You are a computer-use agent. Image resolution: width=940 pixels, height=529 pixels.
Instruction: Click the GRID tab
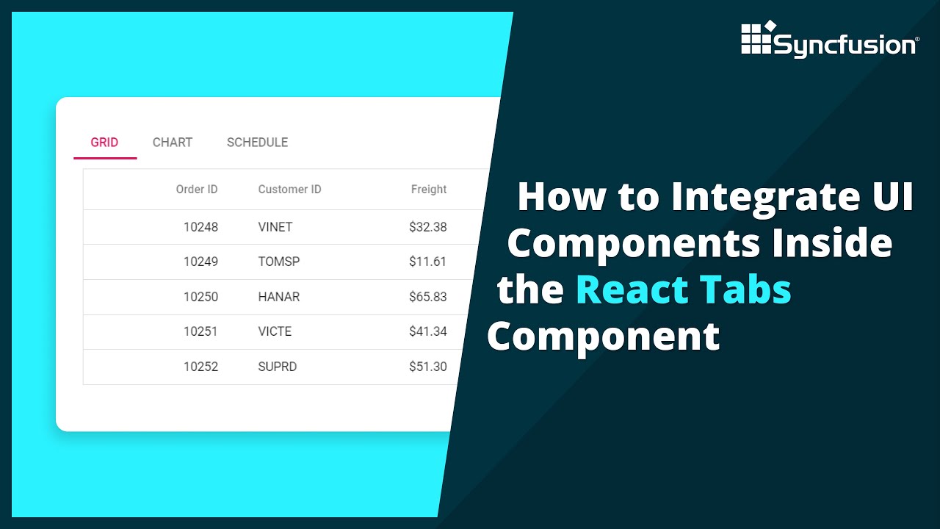point(104,143)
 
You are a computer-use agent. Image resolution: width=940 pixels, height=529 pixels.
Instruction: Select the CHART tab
point(173,143)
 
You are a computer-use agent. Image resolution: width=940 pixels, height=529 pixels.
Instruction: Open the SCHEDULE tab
point(257,143)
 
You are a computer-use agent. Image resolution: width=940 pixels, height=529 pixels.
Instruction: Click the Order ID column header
point(197,190)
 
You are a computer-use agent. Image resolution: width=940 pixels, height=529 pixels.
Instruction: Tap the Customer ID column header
point(289,190)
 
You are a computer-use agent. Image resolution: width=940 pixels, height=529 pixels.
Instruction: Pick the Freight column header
point(429,190)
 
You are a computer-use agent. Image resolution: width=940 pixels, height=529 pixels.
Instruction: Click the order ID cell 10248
point(200,227)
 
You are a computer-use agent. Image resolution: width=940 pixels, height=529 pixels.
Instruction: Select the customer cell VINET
point(275,227)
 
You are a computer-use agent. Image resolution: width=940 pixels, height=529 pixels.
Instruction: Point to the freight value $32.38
point(427,227)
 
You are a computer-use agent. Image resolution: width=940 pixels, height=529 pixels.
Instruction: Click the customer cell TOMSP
point(279,262)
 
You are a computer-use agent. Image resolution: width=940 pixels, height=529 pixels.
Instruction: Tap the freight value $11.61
point(427,262)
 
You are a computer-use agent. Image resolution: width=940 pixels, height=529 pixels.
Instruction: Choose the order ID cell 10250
point(200,297)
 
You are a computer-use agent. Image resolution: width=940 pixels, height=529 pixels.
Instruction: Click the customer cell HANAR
point(279,297)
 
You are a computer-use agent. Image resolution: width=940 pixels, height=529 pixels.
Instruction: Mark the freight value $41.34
point(427,331)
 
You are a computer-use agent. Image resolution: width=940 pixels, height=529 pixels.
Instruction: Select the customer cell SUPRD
point(278,367)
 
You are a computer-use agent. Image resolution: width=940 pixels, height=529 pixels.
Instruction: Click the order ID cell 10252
point(200,367)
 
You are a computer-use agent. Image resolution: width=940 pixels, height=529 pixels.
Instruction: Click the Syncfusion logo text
point(845,46)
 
